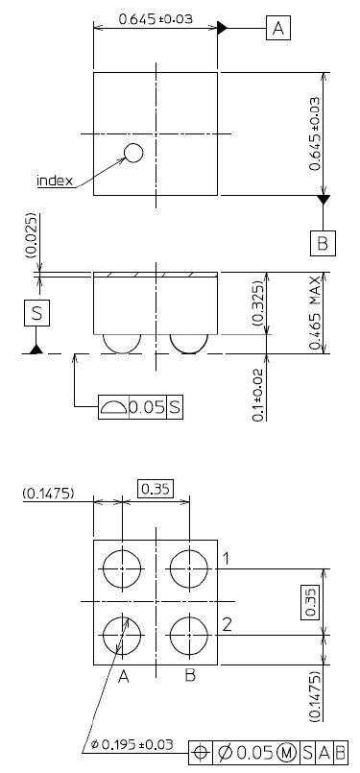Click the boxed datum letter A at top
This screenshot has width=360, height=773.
pyautogui.click(x=278, y=28)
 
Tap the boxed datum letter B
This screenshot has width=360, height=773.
pyautogui.click(x=323, y=243)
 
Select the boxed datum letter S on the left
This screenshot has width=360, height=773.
pyautogui.click(x=37, y=313)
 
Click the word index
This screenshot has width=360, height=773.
pyautogui.click(x=56, y=181)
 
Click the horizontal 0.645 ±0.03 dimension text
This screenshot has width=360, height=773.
pyautogui.click(x=156, y=19)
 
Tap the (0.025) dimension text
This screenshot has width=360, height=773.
pyautogui.click(x=32, y=235)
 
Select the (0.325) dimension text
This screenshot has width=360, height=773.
pyautogui.click(x=258, y=303)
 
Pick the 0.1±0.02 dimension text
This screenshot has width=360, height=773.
pyautogui.click(x=258, y=395)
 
